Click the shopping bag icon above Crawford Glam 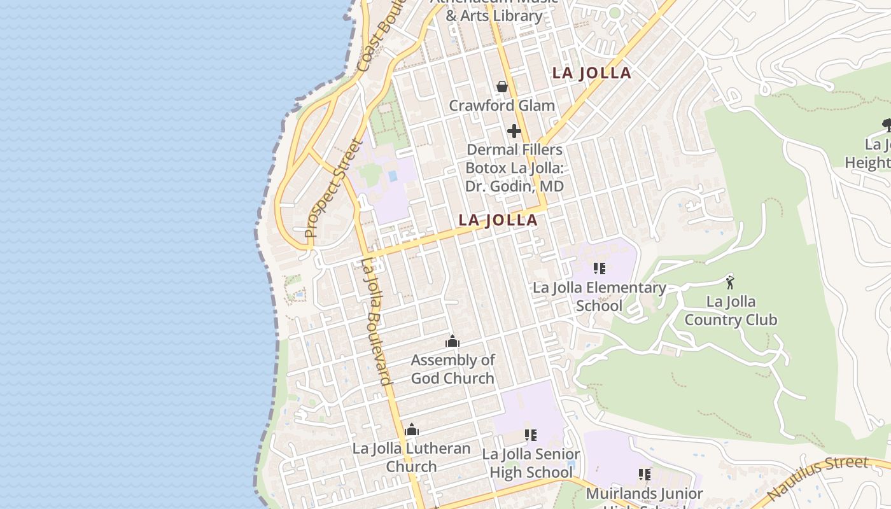[x=502, y=87]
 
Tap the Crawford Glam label [x=502, y=106]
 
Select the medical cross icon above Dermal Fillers [x=514, y=132]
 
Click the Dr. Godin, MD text [x=514, y=186]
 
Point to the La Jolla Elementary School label [x=599, y=296]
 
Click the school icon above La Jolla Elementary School [x=599, y=268]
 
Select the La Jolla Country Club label [x=731, y=310]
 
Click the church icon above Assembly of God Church [x=453, y=342]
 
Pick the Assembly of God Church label [x=453, y=369]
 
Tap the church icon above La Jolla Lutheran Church [x=412, y=430]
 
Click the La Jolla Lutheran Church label [x=412, y=457]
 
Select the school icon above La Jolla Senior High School [x=530, y=435]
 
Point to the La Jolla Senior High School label [x=531, y=463]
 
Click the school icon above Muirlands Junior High [x=645, y=475]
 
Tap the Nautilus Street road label [x=817, y=478]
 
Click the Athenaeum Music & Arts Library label [x=495, y=9]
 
